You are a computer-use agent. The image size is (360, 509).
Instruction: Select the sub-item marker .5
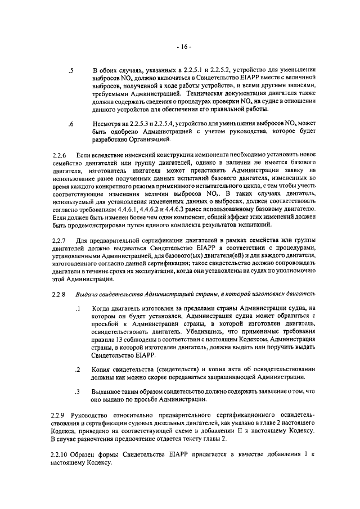[x=70, y=71]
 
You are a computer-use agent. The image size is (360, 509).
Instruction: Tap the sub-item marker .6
[x=70, y=123]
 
